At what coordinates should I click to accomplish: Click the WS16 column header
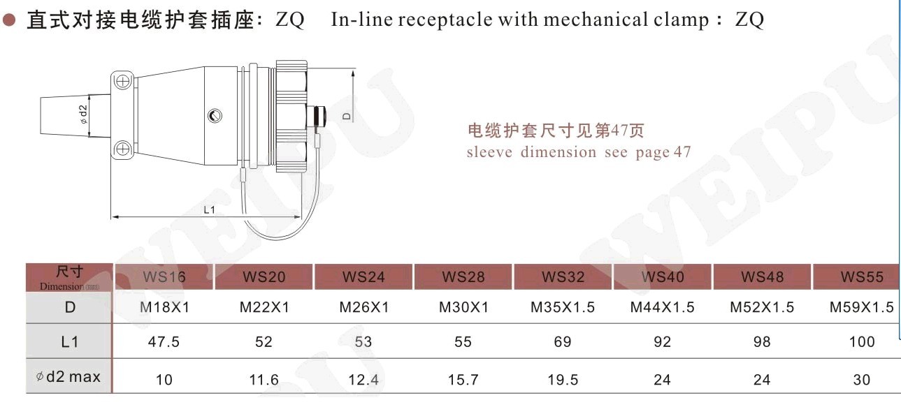click(164, 277)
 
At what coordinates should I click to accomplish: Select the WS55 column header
click(862, 277)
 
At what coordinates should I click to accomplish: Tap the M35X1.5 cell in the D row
click(562, 307)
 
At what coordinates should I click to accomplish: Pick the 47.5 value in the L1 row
click(164, 342)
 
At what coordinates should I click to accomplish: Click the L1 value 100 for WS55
click(862, 342)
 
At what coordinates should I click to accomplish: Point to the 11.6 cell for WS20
click(264, 380)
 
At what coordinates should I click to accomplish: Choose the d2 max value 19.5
click(563, 380)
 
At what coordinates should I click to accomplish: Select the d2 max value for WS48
click(762, 380)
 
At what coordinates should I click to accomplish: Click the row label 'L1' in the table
click(70, 342)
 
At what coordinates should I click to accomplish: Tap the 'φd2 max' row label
click(69, 377)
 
